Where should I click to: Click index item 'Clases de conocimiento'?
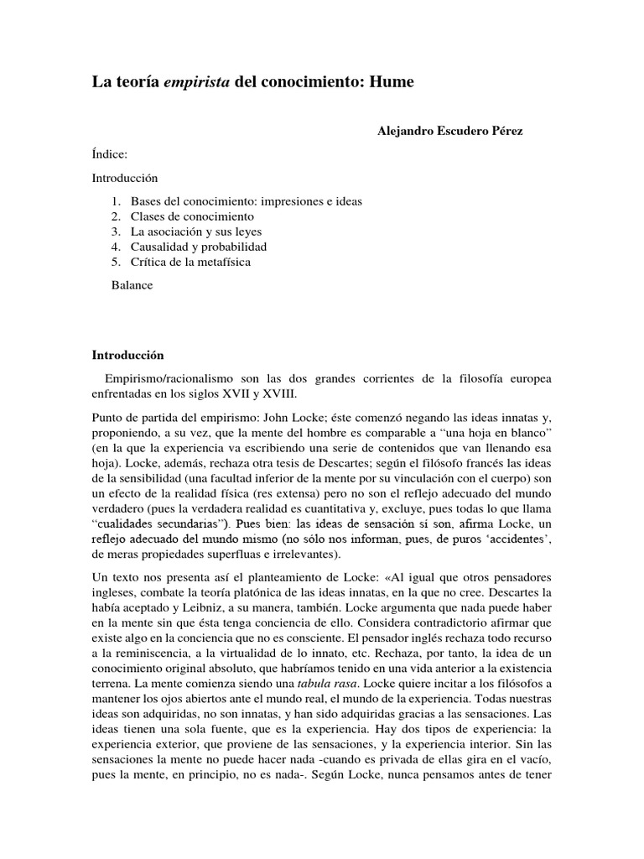coord(180,217)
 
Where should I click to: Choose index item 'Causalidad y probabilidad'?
coord(198,247)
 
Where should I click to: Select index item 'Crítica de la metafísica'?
coord(190,263)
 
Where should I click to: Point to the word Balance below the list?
coord(132,285)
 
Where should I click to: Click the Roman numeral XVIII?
coord(277,393)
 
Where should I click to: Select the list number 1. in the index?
coord(117,202)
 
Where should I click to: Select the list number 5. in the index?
coord(117,263)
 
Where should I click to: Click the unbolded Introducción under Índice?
coord(124,179)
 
